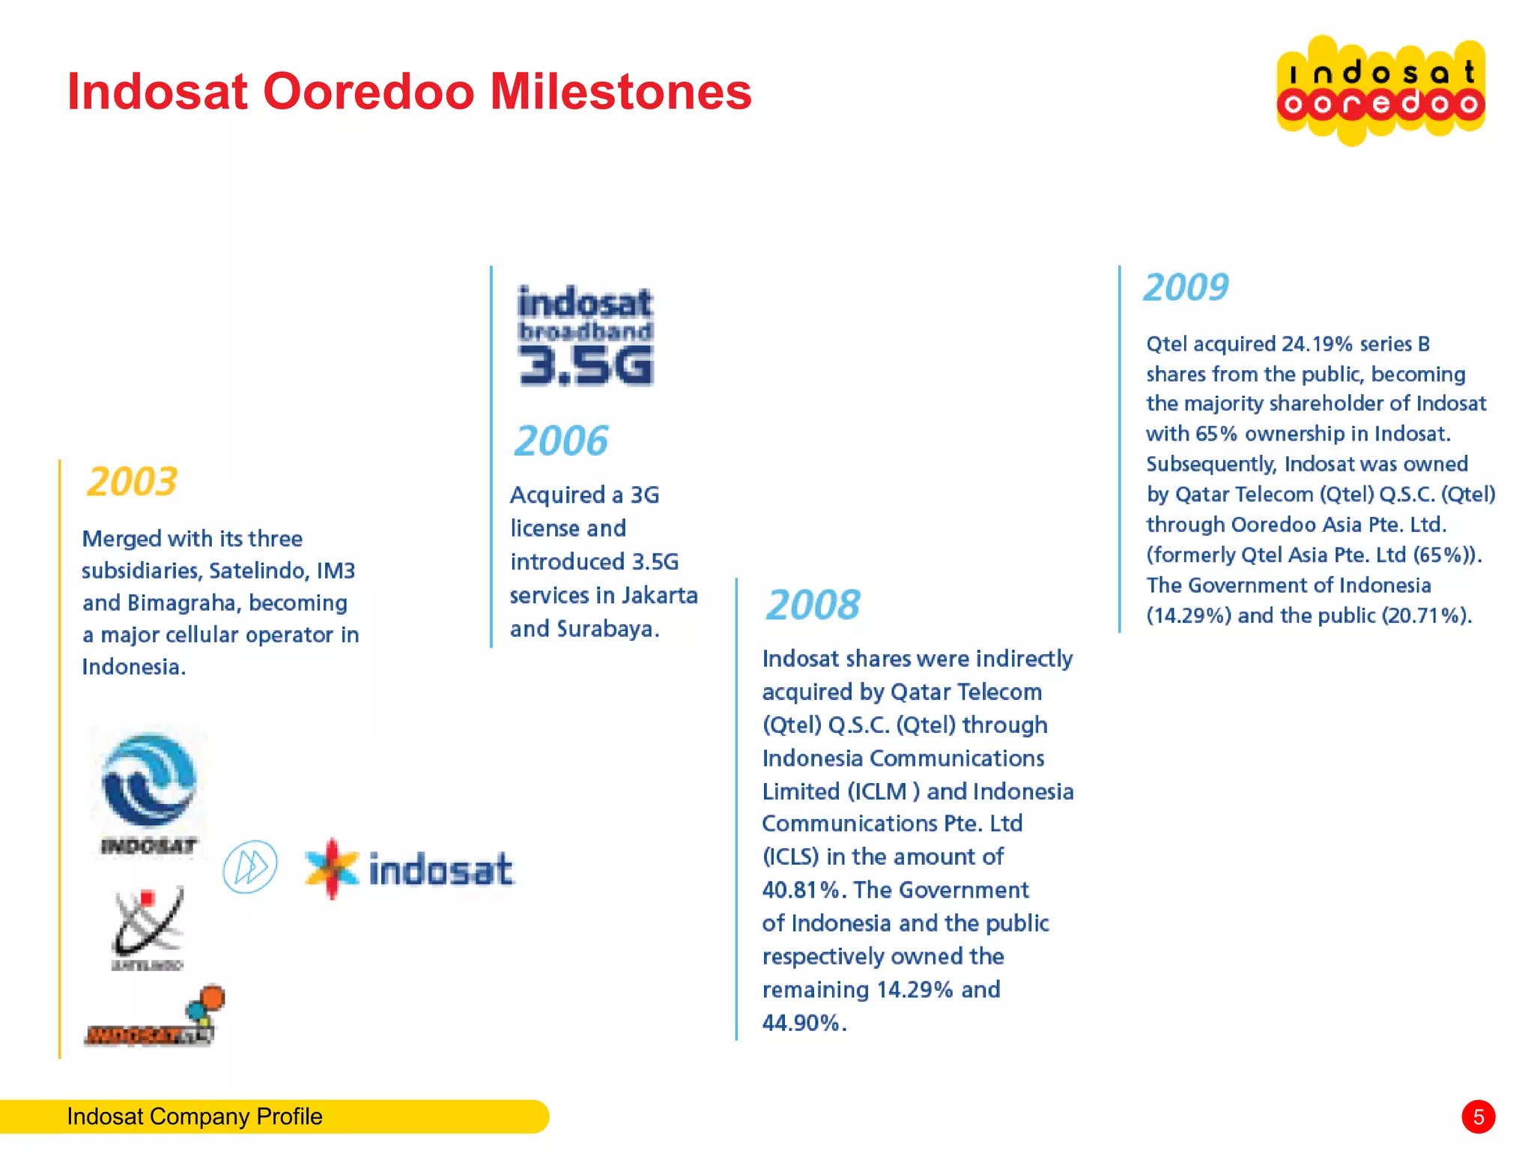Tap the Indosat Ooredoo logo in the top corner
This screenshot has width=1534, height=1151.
1380,90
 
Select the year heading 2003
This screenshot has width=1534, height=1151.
132,481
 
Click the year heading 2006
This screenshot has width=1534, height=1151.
561,441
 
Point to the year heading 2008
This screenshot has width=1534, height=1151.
813,605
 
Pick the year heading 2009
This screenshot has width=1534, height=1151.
1186,287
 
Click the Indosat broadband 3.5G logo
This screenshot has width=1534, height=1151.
585,335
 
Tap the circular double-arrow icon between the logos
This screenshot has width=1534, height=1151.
250,867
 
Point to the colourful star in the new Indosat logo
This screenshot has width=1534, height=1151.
332,868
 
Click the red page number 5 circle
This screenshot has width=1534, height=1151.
1478,1117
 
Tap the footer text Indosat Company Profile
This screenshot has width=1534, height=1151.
195,1117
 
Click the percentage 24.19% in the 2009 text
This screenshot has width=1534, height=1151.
1316,344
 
